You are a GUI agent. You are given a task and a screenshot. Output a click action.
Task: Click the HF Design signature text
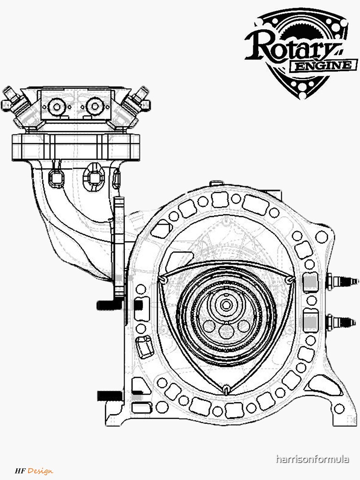pyautogui.click(x=34, y=471)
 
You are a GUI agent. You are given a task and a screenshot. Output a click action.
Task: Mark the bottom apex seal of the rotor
pyautogui.click(x=224, y=387)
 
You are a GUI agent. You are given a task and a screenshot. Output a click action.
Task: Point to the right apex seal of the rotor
pyautogui.click(x=288, y=279)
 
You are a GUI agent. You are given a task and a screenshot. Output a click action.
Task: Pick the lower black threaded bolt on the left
pyautogui.click(x=107, y=396)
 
